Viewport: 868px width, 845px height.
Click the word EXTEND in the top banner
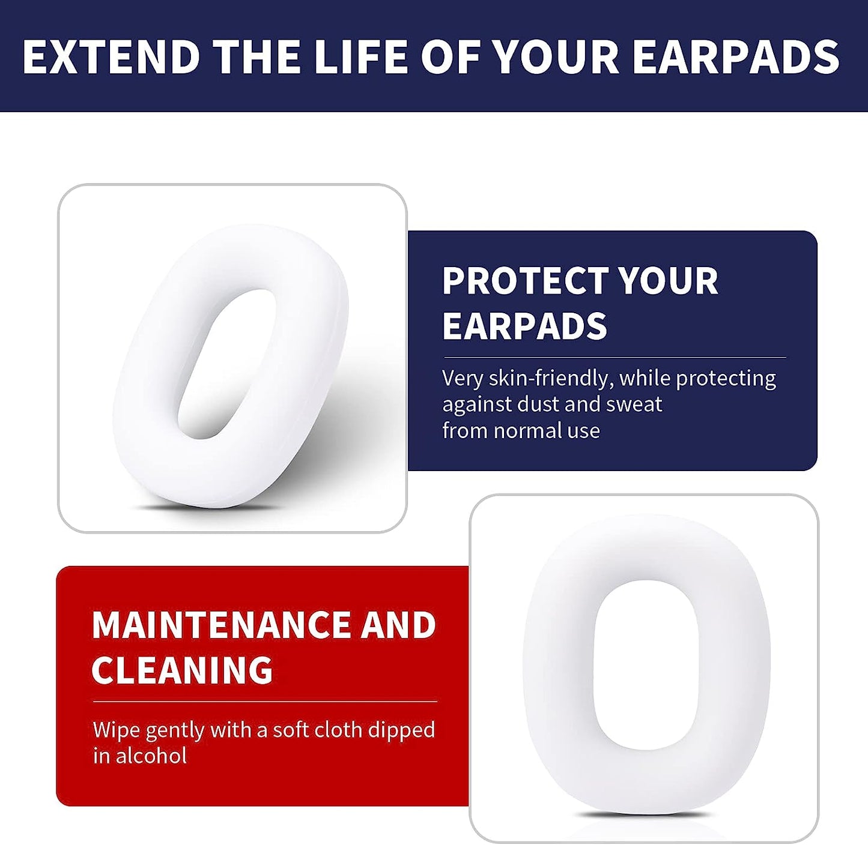coord(111,57)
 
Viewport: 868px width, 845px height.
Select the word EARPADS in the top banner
coord(736,57)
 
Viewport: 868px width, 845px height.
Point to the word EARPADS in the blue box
coord(524,326)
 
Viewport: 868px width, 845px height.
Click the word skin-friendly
coord(550,378)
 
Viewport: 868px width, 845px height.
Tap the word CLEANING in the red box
coord(182,670)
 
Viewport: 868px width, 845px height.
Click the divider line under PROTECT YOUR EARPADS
coord(614,358)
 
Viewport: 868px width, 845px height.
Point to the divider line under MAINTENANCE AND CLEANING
coord(265,702)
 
